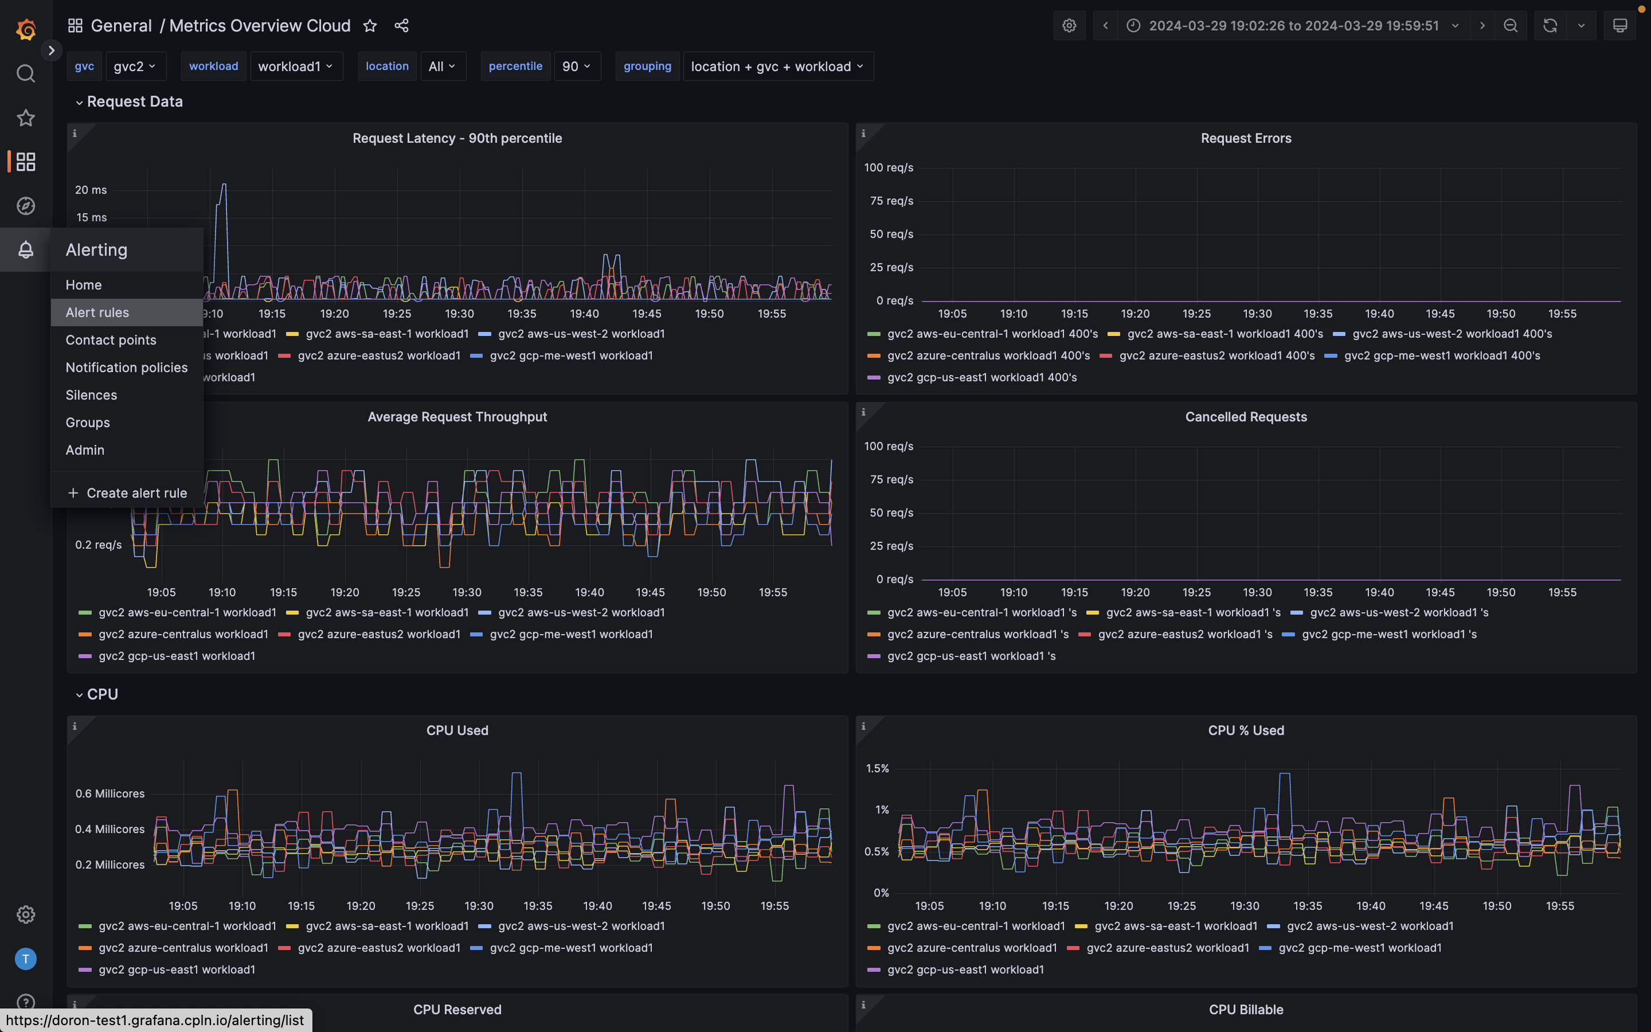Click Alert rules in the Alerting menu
point(97,312)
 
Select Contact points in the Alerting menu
point(111,340)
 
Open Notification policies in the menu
point(126,367)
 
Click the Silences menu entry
point(91,394)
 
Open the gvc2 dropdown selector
point(134,66)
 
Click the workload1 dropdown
point(295,66)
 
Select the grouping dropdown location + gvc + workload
point(777,66)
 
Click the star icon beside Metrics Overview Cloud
point(370,26)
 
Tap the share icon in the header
point(401,26)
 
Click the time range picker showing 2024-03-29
point(1293,26)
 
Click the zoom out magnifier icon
point(1511,26)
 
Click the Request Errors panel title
point(1246,138)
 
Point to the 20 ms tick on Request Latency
point(91,190)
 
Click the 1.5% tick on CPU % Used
point(877,768)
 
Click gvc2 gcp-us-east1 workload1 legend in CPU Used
point(176,969)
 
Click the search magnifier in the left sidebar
point(25,73)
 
